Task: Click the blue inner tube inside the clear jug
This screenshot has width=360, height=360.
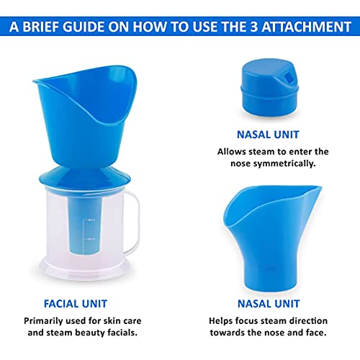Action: coord(90,230)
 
